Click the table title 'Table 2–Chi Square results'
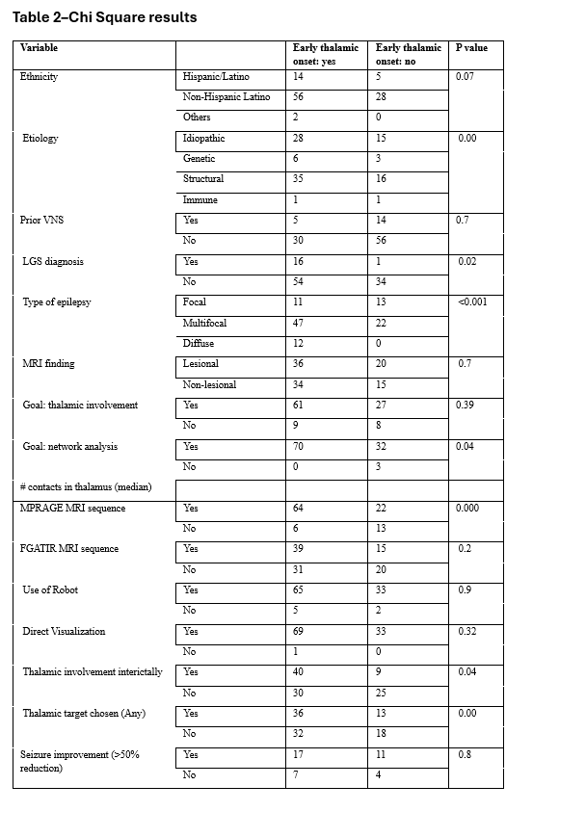tap(104, 17)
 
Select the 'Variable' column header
tap(39, 47)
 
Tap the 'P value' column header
tap(472, 47)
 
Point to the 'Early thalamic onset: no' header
tap(409, 54)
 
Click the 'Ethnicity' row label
tap(40, 76)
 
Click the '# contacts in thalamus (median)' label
tap(78, 487)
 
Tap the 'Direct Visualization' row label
tap(64, 632)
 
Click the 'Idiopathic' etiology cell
tap(203, 139)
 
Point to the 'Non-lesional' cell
tap(209, 385)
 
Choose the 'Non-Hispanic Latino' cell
tap(226, 97)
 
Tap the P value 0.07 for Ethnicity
tap(466, 76)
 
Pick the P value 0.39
tap(466, 406)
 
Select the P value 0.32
tap(466, 632)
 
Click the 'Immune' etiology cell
tap(200, 200)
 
